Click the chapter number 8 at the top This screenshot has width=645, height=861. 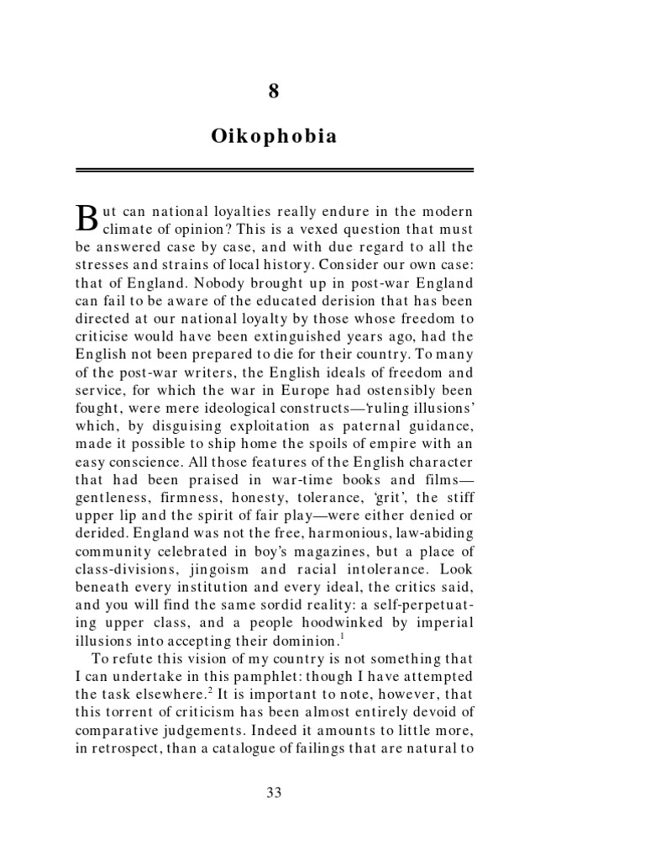point(273,92)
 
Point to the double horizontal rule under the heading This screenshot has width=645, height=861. point(274,171)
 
